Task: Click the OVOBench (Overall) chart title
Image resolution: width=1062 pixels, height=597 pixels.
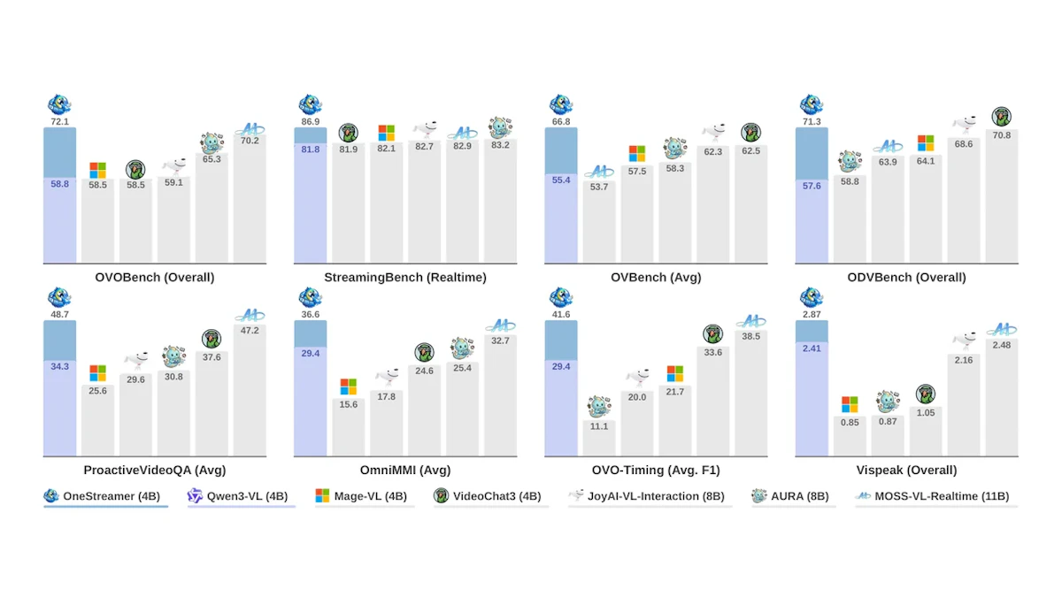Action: [155, 277]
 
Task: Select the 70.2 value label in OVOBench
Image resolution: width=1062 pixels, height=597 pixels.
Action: [250, 141]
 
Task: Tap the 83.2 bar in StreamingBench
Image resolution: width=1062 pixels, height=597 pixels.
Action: [500, 201]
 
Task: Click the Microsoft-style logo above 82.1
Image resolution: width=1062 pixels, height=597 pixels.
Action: [387, 134]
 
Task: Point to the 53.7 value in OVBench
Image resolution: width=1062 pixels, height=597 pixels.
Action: [599, 187]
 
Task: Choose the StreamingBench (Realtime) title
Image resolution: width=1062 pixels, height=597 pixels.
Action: [405, 277]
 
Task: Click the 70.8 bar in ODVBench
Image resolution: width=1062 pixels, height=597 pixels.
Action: [1001, 195]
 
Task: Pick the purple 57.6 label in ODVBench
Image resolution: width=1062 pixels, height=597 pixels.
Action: [812, 186]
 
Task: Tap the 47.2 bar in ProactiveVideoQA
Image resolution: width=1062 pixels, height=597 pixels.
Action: [250, 390]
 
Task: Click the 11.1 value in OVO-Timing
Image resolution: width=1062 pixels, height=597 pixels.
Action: [599, 426]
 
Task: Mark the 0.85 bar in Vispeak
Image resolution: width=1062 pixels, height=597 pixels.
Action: [850, 436]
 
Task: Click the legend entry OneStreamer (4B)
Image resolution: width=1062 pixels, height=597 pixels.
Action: [102, 496]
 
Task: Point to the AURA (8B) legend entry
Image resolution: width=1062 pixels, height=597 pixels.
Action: [790, 496]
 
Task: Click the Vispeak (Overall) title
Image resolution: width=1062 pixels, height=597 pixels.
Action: [906, 470]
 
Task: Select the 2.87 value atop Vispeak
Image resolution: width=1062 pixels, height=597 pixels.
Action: [812, 314]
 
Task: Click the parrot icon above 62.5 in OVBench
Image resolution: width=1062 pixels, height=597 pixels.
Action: [751, 133]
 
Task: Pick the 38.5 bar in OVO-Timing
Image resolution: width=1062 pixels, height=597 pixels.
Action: [751, 393]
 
